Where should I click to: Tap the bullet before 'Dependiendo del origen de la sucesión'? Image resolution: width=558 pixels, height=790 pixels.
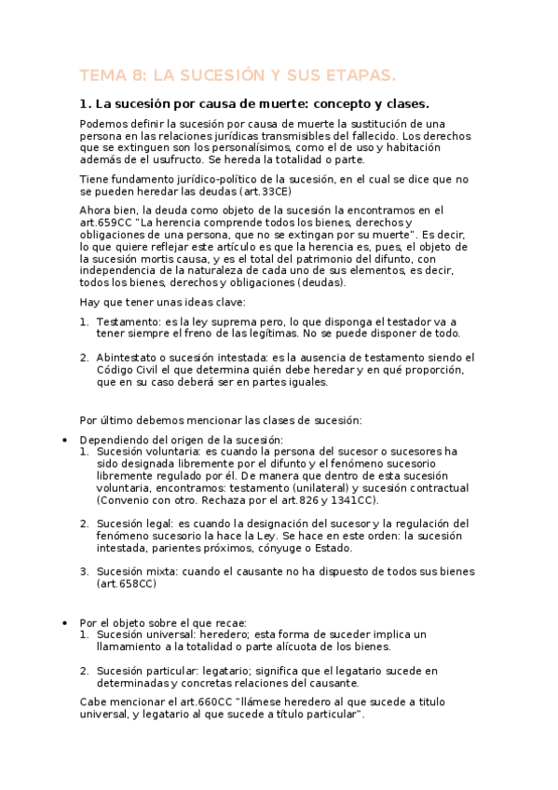tap(62, 440)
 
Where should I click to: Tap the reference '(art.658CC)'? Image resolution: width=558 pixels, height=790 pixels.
tap(126, 584)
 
